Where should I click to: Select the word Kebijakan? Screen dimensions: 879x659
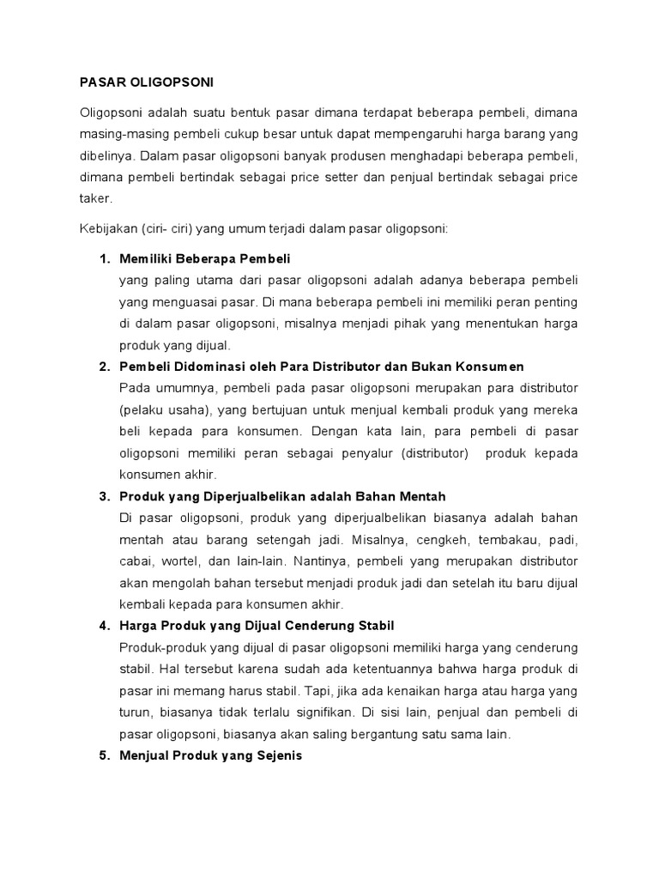pos(107,230)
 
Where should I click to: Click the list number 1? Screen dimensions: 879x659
pos(105,258)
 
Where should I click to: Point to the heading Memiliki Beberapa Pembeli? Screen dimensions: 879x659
pos(205,258)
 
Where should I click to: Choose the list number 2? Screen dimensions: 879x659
pos(105,367)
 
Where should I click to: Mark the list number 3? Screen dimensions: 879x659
pos(105,496)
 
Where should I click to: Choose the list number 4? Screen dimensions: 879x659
pos(105,625)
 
